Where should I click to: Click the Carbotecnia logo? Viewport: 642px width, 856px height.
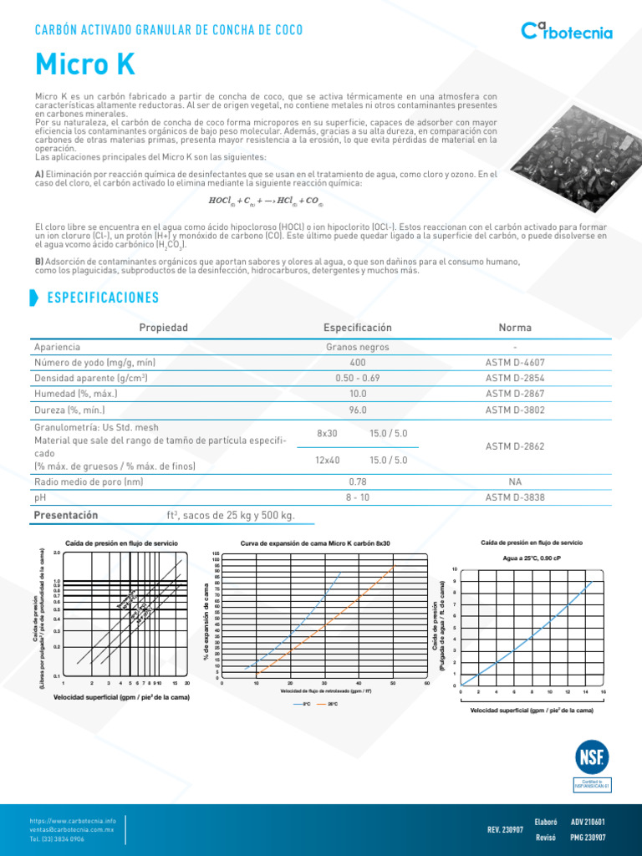pyautogui.click(x=567, y=32)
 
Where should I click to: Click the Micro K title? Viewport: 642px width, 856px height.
pyautogui.click(x=84, y=64)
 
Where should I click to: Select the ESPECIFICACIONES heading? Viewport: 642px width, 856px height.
pyautogui.click(x=103, y=298)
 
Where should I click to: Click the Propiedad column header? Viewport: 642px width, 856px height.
pyautogui.click(x=163, y=328)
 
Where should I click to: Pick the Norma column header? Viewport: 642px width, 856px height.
pyautogui.click(x=515, y=328)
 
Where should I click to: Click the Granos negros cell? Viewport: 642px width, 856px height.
pyautogui.click(x=357, y=347)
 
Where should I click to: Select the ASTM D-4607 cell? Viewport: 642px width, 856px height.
pyautogui.click(x=515, y=363)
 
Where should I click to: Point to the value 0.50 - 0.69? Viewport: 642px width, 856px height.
pyautogui.click(x=357, y=379)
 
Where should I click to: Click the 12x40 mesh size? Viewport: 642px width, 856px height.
pyautogui.click(x=328, y=461)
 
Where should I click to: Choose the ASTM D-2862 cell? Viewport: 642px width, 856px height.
pyautogui.click(x=515, y=446)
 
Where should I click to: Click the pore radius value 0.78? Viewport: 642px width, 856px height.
pyautogui.click(x=357, y=482)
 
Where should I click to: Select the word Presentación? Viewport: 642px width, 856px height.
pyautogui.click(x=65, y=515)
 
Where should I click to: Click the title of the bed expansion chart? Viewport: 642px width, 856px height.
pyautogui.click(x=315, y=543)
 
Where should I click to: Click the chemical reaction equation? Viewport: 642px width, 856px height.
pyautogui.click(x=265, y=201)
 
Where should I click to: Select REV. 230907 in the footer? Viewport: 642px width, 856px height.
pyautogui.click(x=505, y=830)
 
